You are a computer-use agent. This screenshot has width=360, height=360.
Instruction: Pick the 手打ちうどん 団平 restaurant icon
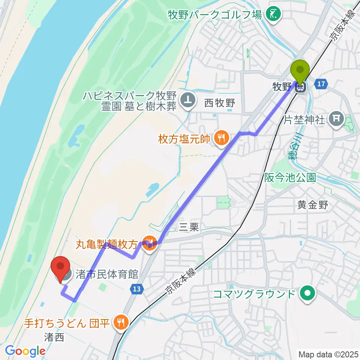(121, 321)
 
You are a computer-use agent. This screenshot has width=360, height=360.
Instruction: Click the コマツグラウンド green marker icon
(308, 293)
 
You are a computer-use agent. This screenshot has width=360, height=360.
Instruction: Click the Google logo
(25, 351)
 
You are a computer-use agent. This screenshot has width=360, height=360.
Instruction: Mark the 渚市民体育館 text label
(106, 274)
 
